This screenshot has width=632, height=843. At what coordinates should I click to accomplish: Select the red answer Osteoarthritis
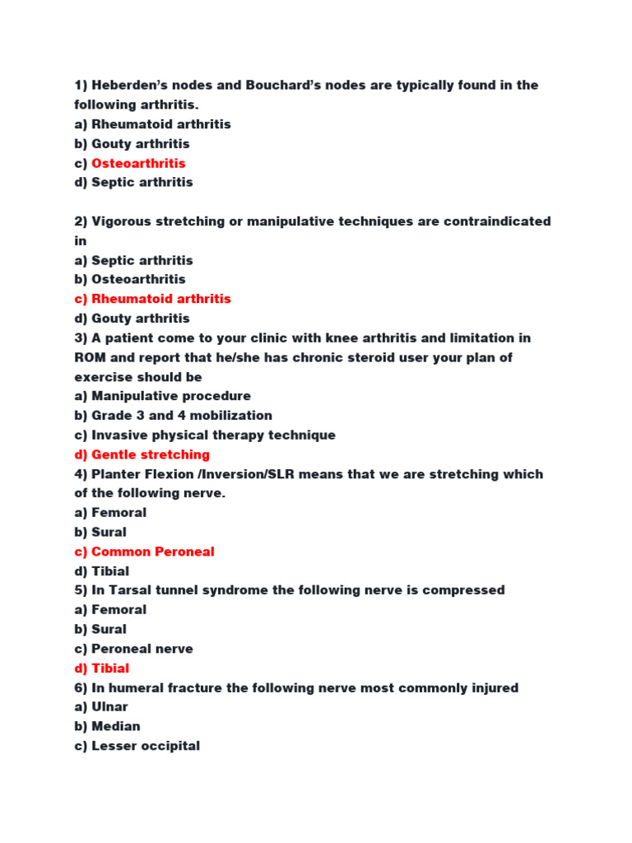coord(138,163)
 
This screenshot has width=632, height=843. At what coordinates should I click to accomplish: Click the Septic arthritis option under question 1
coord(142,183)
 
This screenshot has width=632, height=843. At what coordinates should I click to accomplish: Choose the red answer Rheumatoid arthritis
coord(160,299)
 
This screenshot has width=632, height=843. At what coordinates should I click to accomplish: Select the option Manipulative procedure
coord(170,396)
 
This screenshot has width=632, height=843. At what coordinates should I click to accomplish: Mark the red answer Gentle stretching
coord(150,454)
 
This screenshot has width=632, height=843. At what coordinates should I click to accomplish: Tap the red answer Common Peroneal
coord(152,552)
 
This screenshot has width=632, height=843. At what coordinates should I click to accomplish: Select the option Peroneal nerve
coord(142,649)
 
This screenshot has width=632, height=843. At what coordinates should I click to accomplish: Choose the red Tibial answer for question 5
coord(110,668)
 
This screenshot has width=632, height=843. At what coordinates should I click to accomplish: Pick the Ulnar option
coord(109,707)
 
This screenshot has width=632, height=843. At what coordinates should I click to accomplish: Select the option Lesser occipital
coord(145,746)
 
